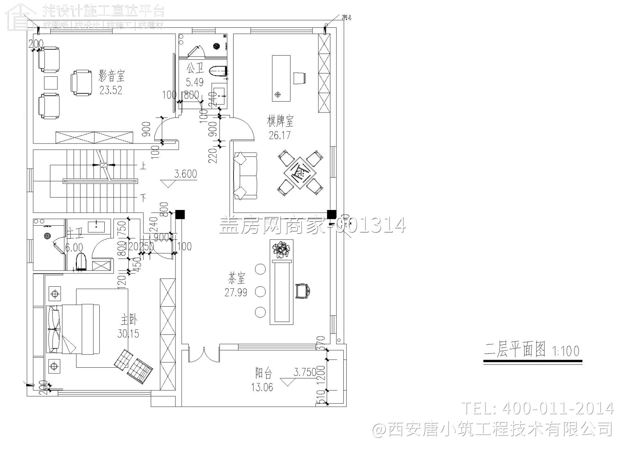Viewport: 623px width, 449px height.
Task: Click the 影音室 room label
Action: (x=111, y=76)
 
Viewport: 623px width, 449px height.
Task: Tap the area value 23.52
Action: (x=111, y=90)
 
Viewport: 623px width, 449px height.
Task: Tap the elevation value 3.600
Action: (x=185, y=174)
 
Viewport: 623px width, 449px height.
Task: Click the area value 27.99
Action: (x=236, y=293)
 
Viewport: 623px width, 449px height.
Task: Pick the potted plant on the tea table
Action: (x=282, y=250)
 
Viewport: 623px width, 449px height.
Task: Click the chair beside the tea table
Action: (x=303, y=291)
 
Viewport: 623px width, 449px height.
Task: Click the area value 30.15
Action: (x=128, y=333)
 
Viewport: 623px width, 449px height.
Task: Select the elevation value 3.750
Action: (x=305, y=372)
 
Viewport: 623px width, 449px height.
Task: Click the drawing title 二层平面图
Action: (x=515, y=350)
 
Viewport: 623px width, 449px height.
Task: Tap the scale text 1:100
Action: (x=565, y=351)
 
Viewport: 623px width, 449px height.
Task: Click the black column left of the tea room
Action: (x=180, y=214)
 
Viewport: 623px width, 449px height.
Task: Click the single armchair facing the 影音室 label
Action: (x=81, y=83)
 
